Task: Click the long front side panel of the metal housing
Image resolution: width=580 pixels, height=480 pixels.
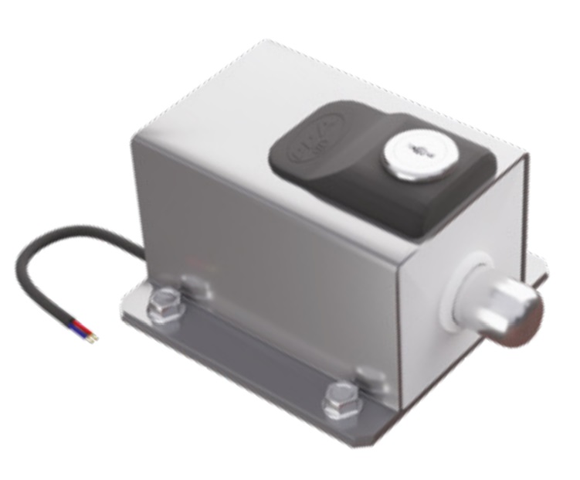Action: click(263, 247)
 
